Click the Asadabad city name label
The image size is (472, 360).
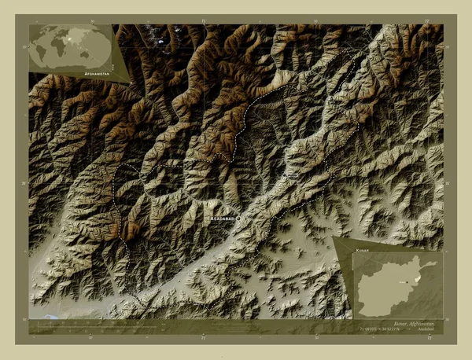pyautogui.click(x=223, y=219)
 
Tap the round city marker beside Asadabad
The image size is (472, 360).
pyautogui.click(x=238, y=219)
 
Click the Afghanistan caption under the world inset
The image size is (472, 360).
pyautogui.click(x=97, y=71)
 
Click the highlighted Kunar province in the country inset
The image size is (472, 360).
pyautogui.click(x=417, y=277)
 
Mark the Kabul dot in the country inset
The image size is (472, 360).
pyautogui.click(x=406, y=281)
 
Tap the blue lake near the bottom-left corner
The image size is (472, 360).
pyautogui.click(x=52, y=318)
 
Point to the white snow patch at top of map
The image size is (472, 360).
pyautogui.click(x=161, y=41)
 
